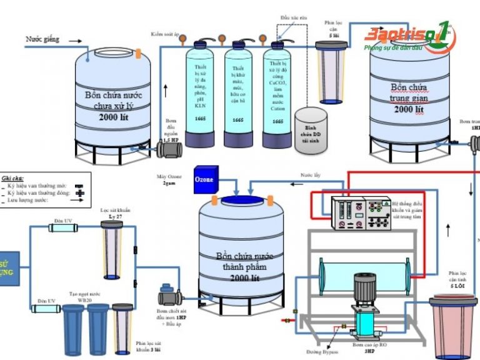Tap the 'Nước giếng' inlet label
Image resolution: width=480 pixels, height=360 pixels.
42,39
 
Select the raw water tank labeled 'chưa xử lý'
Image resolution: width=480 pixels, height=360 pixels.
113,103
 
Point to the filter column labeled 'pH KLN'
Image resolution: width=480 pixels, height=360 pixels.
200,94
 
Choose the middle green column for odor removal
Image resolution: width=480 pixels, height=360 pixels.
238,94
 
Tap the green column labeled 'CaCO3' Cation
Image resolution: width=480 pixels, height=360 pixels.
277,94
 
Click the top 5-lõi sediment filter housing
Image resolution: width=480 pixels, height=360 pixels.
331,72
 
